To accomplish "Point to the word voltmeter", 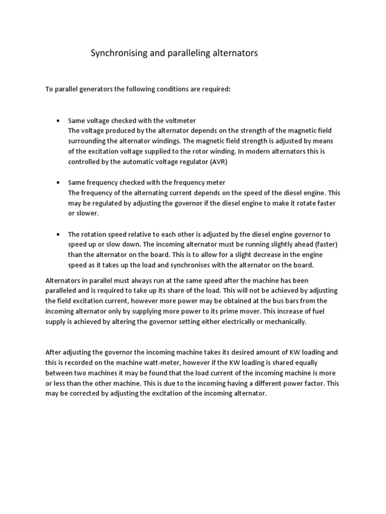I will click(x=179, y=121).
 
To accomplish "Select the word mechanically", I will click(x=283, y=322).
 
